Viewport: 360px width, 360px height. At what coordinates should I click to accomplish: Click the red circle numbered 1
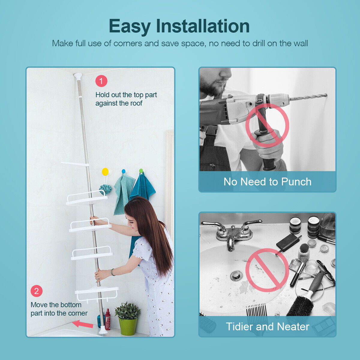click(101, 81)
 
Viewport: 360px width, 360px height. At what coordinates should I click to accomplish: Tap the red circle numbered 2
click(37, 291)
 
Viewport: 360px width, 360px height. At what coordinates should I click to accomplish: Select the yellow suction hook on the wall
click(105, 172)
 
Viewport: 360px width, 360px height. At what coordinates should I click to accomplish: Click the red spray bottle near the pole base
click(108, 319)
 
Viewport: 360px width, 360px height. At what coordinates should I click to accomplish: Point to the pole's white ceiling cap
click(78, 76)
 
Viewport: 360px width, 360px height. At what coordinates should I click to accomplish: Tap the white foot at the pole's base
click(103, 330)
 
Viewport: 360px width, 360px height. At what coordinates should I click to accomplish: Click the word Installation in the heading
click(203, 26)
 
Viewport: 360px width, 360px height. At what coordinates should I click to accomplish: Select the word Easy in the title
click(130, 27)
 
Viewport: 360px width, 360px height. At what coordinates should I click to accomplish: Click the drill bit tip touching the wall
click(326, 95)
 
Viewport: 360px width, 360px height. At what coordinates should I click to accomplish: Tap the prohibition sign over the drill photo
click(267, 125)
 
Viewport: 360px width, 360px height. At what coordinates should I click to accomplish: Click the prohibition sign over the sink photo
click(267, 270)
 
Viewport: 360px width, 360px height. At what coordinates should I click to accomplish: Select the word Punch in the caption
click(296, 182)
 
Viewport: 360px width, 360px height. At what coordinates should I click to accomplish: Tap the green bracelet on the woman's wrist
click(112, 272)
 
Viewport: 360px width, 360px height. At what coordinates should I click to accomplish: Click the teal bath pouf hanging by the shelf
click(106, 189)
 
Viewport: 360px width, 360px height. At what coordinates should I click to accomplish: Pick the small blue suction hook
click(124, 171)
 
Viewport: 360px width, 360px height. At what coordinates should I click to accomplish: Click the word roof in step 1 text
click(136, 103)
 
